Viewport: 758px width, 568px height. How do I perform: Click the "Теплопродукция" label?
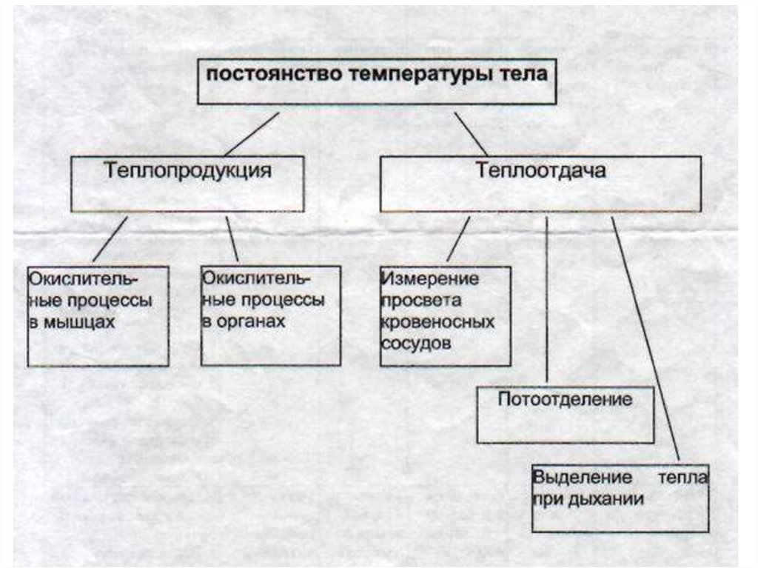[187, 171]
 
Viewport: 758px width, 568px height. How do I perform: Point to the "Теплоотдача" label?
[541, 171]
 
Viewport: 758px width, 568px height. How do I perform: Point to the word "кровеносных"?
[437, 323]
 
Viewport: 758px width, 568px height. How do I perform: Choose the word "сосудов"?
[415, 345]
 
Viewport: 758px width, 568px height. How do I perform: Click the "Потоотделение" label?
[565, 400]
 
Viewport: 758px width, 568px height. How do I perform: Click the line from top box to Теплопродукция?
[252, 134]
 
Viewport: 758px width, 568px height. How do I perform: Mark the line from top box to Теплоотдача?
[472, 134]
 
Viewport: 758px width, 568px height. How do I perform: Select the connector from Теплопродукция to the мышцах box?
[110, 238]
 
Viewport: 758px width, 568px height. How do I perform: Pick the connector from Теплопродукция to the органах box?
[232, 238]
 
